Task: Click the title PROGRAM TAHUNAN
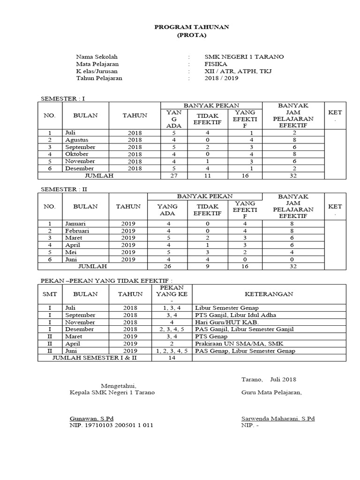pyautogui.click(x=192, y=27)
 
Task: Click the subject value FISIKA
pyautogui.click(x=216, y=64)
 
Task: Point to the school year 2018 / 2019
pyautogui.click(x=221, y=78)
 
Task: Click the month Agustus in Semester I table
pyautogui.click(x=77, y=140)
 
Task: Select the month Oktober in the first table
pyautogui.click(x=77, y=154)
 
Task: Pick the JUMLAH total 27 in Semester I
pyautogui.click(x=171, y=175)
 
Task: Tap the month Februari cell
pyautogui.click(x=77, y=231)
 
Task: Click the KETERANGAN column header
pyautogui.click(x=269, y=294)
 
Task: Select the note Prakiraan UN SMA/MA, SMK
pyautogui.click(x=236, y=343)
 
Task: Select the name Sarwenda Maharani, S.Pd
pyautogui.click(x=277, y=418)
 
